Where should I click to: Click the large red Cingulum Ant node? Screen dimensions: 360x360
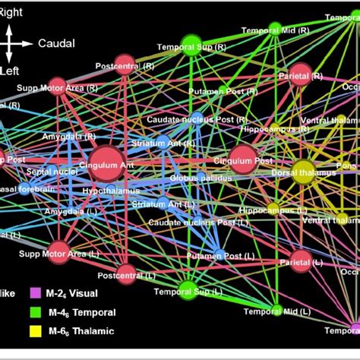109,162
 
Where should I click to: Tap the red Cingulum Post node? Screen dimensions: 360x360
242,159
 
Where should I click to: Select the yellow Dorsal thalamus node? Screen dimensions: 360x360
303,170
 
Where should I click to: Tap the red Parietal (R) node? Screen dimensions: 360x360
300,73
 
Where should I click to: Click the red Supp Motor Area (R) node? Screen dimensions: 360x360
57,86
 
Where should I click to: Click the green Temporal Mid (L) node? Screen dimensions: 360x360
276,310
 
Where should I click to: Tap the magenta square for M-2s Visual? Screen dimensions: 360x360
35,292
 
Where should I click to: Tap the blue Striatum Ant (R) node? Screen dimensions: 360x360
162,141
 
